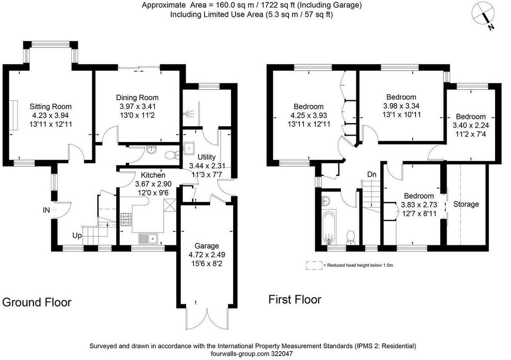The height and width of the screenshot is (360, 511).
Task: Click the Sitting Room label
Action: coord(50,106)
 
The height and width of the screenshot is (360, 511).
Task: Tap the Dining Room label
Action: coord(137,97)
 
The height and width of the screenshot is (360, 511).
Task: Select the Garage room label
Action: coord(207,246)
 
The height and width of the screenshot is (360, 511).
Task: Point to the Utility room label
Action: coord(207,157)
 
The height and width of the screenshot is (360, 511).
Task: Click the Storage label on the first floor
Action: coord(466,204)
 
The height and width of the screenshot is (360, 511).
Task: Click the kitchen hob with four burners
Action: coord(126,219)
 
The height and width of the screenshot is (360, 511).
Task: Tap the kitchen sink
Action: coord(148,239)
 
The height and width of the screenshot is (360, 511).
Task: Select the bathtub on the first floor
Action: coord(329,227)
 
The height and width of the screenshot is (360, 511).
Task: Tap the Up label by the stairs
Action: coord(77,235)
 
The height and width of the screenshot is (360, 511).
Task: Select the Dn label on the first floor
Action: coord(372,175)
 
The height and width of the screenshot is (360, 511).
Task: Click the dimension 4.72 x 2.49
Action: coord(207,254)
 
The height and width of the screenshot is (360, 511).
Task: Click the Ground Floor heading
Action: coord(37,302)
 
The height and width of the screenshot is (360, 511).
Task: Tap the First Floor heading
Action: coord(295,300)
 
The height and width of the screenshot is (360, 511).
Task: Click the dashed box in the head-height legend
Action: coord(314,265)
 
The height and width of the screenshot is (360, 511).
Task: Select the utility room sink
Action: coord(189,148)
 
